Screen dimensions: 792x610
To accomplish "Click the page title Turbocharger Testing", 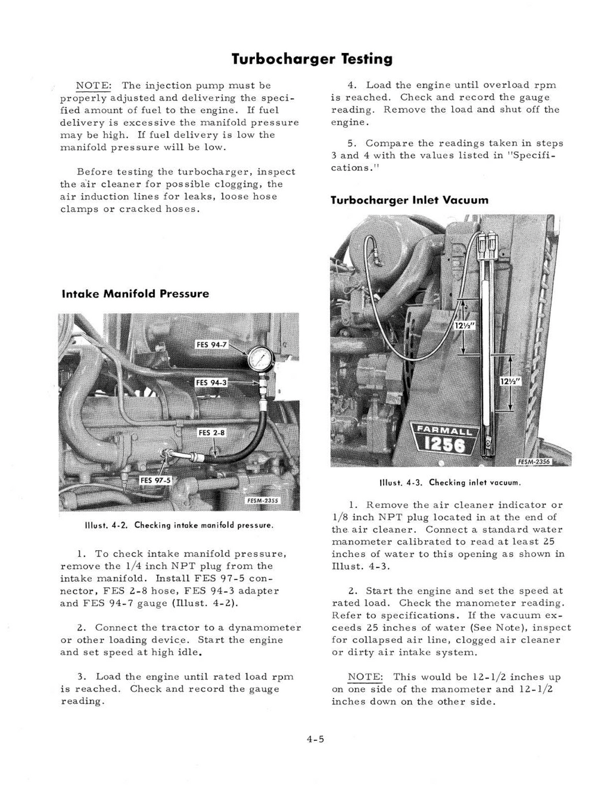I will tap(312, 59).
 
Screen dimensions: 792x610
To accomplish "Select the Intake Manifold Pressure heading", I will tap(135, 294).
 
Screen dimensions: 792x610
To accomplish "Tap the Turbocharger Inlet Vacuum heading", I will tap(409, 200).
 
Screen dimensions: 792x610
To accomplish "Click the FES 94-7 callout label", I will tap(211, 345).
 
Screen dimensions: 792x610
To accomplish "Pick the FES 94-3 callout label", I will tap(211, 382).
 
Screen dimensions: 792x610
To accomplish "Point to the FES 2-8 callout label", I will tap(211, 432).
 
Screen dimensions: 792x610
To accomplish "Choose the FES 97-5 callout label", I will tap(155, 480).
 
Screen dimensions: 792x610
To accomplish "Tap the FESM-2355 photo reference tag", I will tap(263, 501).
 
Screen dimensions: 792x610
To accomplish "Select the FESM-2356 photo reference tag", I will tap(534, 462).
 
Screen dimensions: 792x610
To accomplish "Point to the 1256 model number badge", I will tap(444, 445).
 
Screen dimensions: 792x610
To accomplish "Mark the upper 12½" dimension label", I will tap(463, 326).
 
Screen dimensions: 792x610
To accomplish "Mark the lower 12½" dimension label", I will tap(510, 381).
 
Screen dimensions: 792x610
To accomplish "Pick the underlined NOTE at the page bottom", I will tap(365, 676).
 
